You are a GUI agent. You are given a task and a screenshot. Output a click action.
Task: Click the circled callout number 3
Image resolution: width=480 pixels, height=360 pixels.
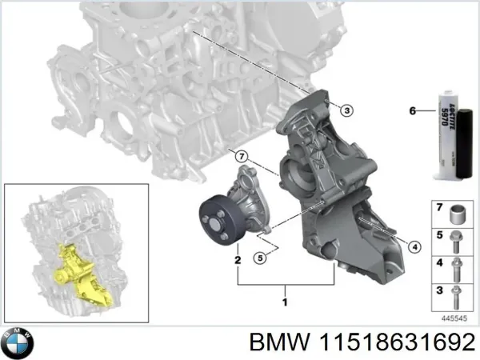coord(346,110)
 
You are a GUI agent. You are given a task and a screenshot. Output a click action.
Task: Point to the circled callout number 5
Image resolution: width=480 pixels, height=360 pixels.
coord(258,258)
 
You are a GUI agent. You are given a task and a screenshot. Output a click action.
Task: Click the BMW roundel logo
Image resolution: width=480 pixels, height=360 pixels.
coord(17,343)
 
